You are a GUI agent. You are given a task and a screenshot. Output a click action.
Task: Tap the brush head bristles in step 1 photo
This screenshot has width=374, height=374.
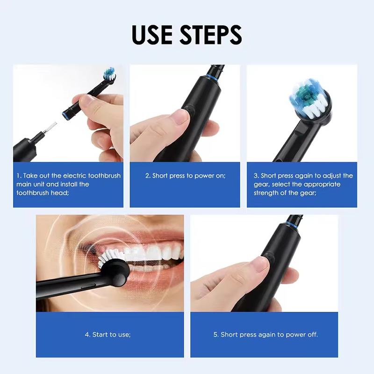click(109, 72)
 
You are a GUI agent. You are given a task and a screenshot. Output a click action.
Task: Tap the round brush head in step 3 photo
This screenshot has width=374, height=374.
click(309, 101)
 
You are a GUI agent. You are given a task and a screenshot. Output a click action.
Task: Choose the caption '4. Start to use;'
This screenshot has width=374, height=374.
click(108, 335)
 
